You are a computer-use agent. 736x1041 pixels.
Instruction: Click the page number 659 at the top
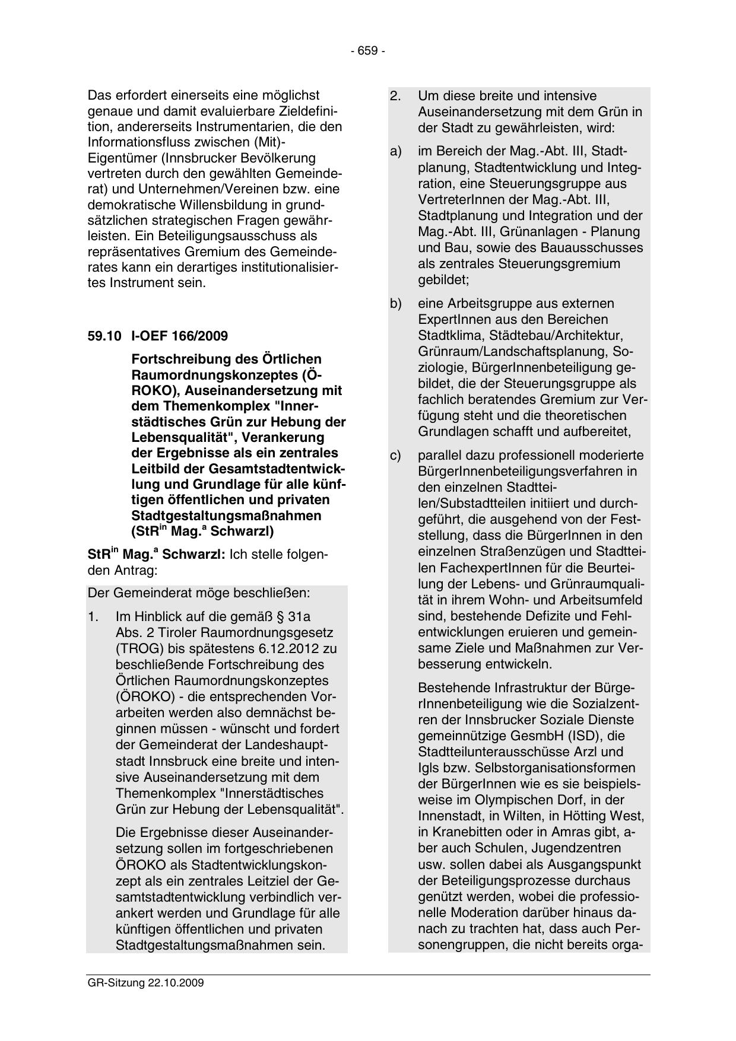click(367, 52)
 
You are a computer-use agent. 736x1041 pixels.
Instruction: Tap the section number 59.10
click(104, 336)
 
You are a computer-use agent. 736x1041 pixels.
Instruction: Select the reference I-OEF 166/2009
click(179, 336)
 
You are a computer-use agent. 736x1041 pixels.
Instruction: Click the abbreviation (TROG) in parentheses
click(138, 648)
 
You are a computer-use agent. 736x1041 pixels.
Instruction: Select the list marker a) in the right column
click(395, 152)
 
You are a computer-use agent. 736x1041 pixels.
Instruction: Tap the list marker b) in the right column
click(395, 304)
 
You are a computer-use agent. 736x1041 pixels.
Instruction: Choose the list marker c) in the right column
click(395, 456)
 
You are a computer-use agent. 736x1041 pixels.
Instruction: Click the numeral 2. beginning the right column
click(395, 96)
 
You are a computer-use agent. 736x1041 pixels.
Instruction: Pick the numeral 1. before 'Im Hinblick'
click(93, 617)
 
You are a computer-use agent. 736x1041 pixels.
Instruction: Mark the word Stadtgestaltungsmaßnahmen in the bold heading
click(226, 515)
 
